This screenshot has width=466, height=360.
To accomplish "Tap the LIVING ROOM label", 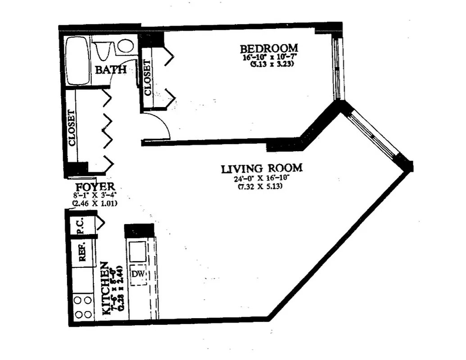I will [262, 169].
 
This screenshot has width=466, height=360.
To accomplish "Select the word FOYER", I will [95, 187].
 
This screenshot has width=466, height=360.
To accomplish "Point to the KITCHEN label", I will [105, 288].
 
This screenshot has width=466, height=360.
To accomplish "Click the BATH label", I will [109, 70].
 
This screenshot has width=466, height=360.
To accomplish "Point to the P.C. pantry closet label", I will [81, 228].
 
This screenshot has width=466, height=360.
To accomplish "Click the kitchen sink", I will [137, 250].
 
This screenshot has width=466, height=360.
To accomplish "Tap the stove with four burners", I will [83, 307].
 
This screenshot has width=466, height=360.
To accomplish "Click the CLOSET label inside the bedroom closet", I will [148, 78].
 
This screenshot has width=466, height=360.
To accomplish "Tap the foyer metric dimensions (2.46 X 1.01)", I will [95, 203].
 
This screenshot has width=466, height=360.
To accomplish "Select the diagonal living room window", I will [374, 134].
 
